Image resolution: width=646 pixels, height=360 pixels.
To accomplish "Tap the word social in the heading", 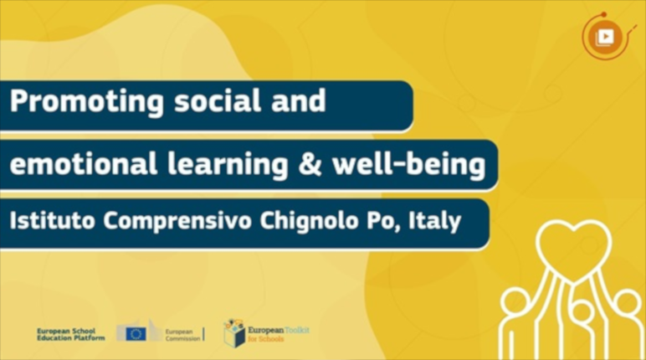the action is coord(218,100).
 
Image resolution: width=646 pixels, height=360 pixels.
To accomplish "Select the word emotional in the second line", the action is coord(83,163).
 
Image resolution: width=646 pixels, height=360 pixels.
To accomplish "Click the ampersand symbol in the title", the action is coord(310,164).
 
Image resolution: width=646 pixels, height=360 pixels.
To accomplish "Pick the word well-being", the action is coord(408,165).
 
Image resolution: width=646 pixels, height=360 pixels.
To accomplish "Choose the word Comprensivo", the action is coord(177,222).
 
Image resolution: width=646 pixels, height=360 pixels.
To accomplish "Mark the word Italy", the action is coord(434,222).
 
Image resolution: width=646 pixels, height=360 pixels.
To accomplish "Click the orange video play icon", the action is coord(605,37).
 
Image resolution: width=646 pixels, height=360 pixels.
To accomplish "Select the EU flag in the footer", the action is coord(136,334).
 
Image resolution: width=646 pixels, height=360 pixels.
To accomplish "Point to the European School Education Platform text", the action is coord(70,334).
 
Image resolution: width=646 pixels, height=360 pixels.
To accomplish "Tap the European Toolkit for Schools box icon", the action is coord(234,333).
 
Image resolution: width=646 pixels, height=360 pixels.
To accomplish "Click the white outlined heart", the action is coord(574,251).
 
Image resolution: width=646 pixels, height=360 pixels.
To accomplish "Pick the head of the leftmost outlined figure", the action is coord(516,304).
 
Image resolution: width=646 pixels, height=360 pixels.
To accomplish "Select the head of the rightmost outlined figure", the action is coord(627,304).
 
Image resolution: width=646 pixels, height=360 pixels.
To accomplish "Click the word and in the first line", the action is coord(298,100).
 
